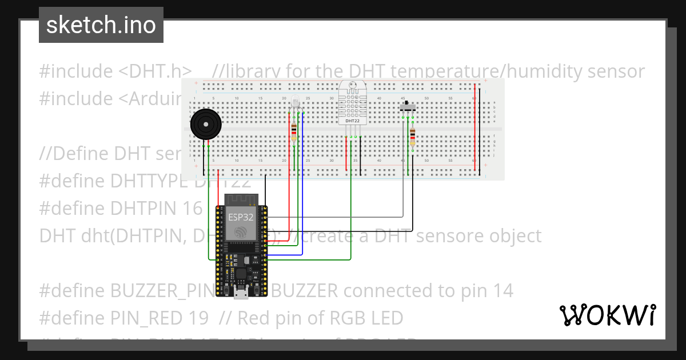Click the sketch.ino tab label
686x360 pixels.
101,25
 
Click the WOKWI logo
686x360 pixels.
607,315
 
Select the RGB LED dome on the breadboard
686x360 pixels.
295,105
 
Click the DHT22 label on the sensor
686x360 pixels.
352,121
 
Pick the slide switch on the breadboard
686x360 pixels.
408,107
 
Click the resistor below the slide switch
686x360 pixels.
412,137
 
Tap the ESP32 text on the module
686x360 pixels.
241,217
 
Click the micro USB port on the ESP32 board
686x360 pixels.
241,294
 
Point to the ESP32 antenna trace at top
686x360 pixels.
241,199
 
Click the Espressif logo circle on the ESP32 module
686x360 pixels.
241,233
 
